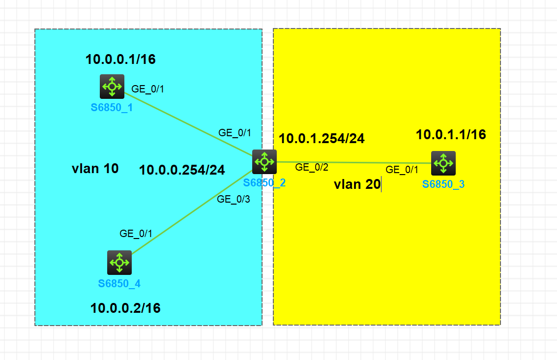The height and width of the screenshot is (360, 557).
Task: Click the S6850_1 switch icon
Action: click(x=112, y=87)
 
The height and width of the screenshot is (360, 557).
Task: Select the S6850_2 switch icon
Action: click(x=264, y=161)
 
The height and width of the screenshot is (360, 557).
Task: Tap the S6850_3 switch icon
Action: click(x=443, y=163)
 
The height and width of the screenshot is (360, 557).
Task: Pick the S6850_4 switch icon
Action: click(x=119, y=262)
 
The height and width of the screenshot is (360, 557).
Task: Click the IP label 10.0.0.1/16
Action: click(x=120, y=60)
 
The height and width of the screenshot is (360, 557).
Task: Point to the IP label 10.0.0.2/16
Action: click(x=125, y=308)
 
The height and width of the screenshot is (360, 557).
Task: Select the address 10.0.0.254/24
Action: click(x=182, y=170)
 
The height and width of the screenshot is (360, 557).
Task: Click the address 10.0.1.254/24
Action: click(x=322, y=139)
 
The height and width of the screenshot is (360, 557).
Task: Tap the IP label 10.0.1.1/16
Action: click(x=451, y=135)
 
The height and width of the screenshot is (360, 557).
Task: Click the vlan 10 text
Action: click(x=95, y=169)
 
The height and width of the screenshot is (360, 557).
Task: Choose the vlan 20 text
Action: click(x=357, y=185)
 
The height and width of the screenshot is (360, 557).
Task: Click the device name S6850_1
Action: click(x=112, y=107)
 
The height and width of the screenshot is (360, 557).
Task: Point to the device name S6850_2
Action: click(x=264, y=183)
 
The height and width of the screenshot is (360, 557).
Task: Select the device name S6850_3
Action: click(x=443, y=184)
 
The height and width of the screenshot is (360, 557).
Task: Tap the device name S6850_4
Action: click(x=119, y=283)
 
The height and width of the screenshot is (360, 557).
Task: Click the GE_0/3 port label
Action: click(x=234, y=199)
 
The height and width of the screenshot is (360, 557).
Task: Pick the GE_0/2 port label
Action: click(x=312, y=167)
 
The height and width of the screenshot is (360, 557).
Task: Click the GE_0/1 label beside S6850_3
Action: click(x=402, y=170)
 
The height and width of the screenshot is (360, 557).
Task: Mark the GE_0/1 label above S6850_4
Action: click(x=136, y=234)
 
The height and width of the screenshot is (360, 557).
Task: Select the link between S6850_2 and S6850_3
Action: click(x=354, y=162)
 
